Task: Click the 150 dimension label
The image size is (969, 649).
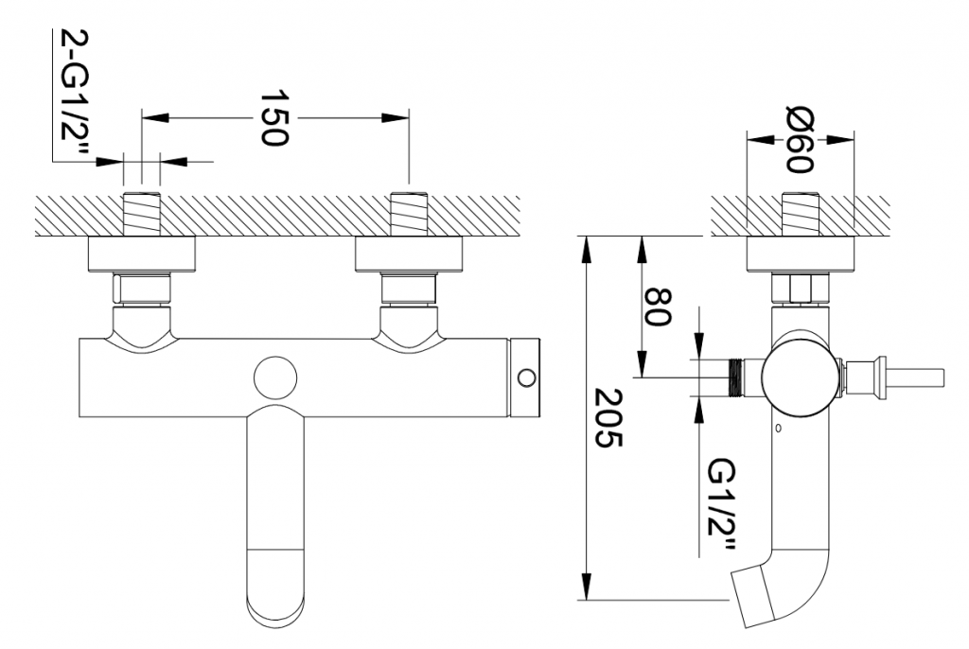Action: click(x=273, y=118)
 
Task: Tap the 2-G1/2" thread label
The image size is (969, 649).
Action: click(x=75, y=93)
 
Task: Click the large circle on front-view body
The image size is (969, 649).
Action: click(x=275, y=377)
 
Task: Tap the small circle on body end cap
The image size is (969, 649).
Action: click(x=527, y=377)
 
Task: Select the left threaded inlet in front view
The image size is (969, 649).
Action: click(x=142, y=215)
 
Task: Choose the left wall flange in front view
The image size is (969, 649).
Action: click(x=142, y=254)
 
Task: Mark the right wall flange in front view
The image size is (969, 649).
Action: click(x=409, y=254)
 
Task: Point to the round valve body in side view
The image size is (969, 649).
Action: click(x=801, y=377)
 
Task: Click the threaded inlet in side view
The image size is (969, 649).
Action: click(x=801, y=215)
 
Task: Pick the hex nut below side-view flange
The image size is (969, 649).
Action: click(x=801, y=289)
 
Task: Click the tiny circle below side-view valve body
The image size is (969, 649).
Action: click(x=779, y=427)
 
